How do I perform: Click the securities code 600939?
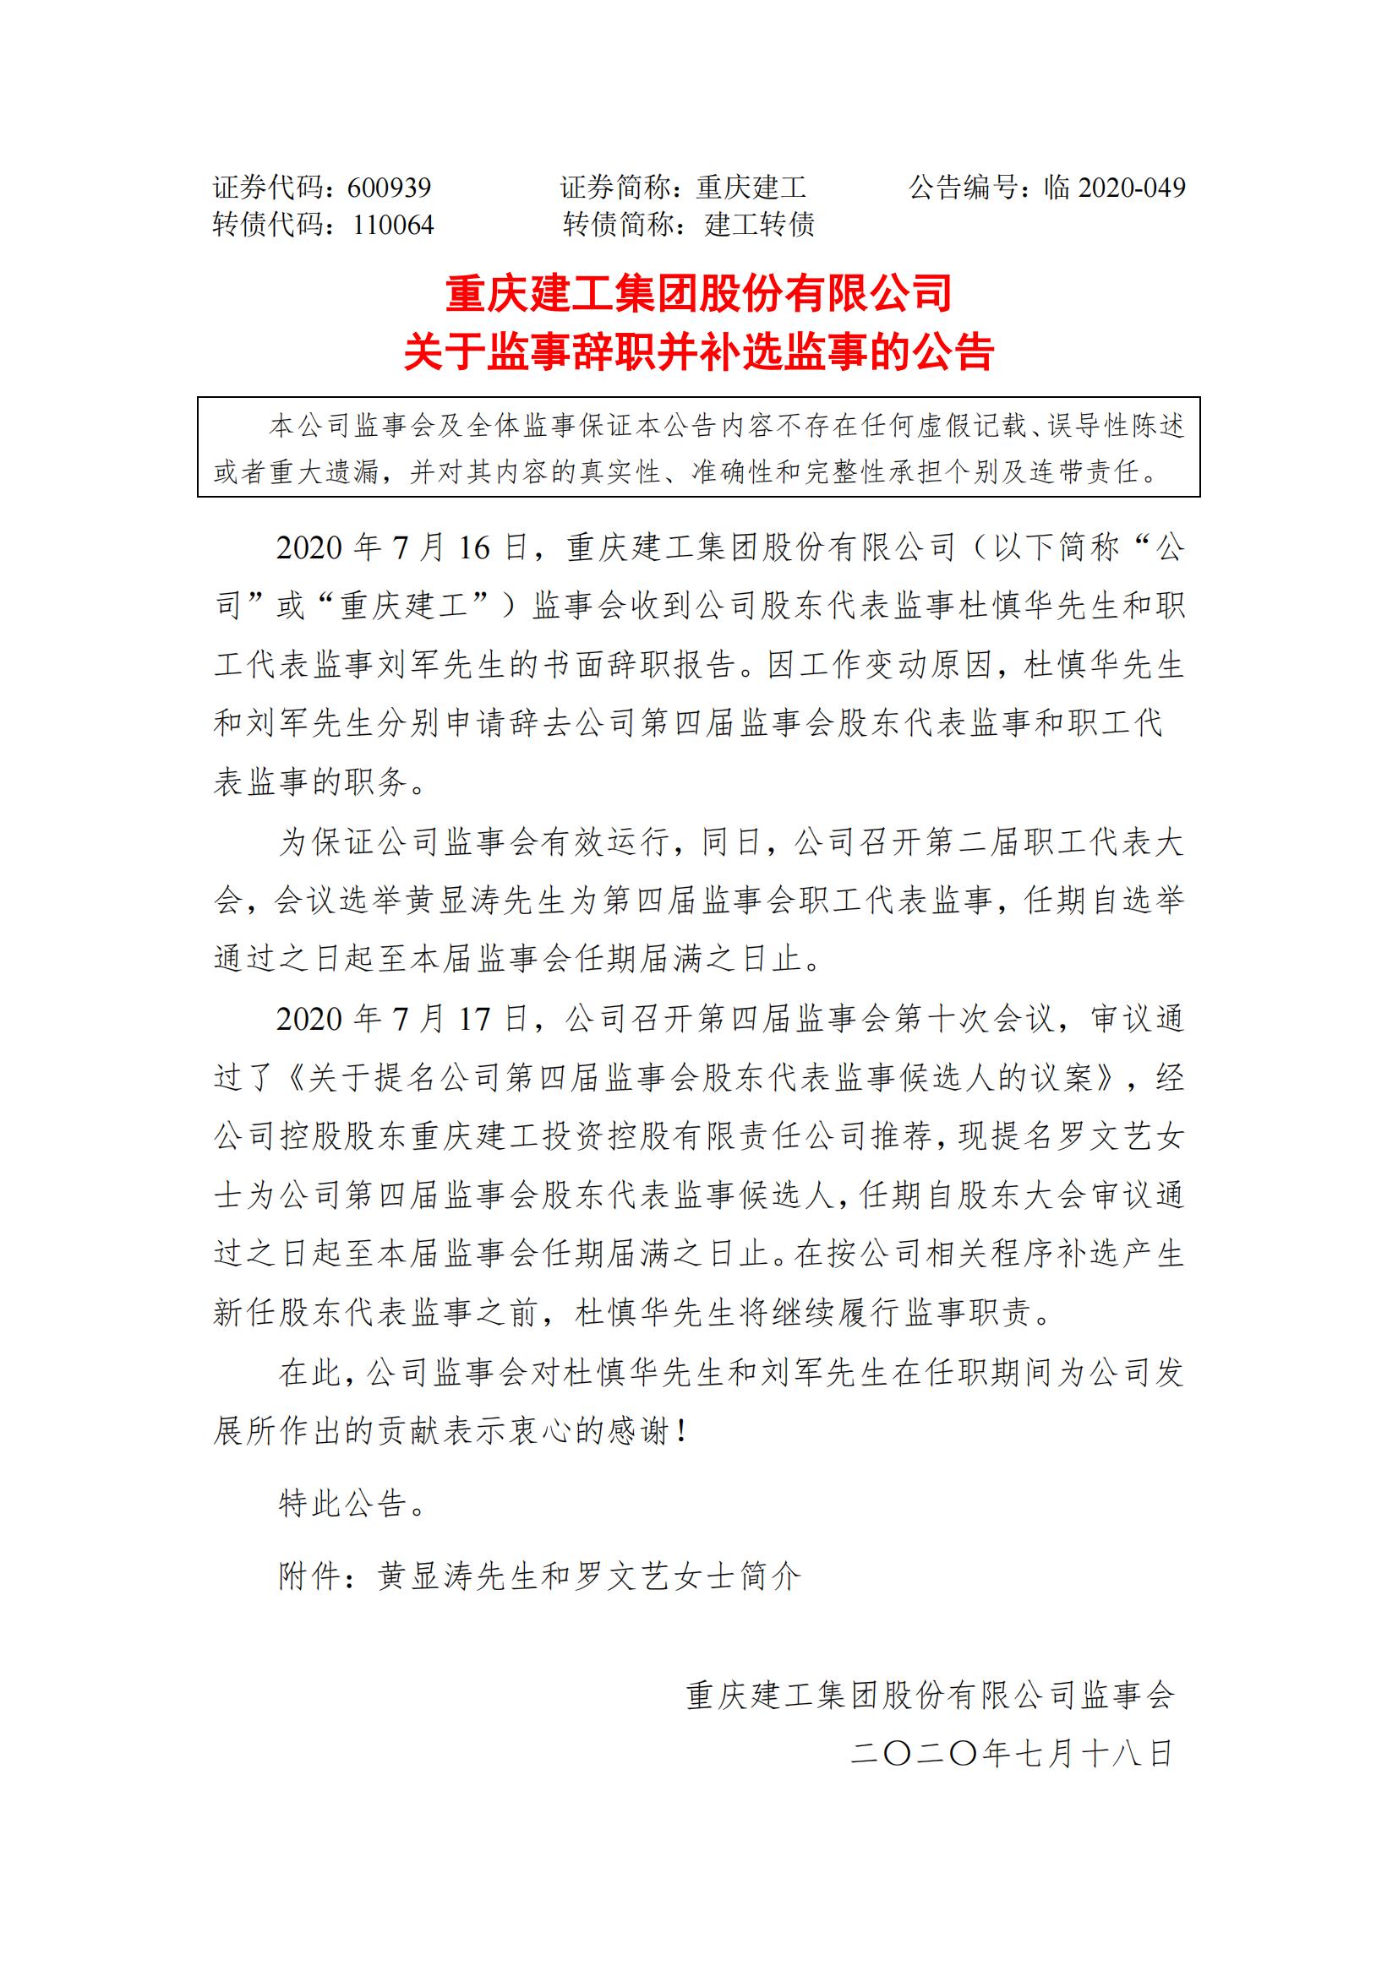(x=389, y=188)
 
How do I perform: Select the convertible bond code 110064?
(x=393, y=225)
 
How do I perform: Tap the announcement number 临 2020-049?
(x=1114, y=188)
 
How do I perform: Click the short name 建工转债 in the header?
(x=759, y=225)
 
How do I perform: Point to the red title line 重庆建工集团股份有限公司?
(x=698, y=293)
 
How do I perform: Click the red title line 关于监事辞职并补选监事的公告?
(x=698, y=351)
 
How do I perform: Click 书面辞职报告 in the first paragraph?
(x=637, y=665)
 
